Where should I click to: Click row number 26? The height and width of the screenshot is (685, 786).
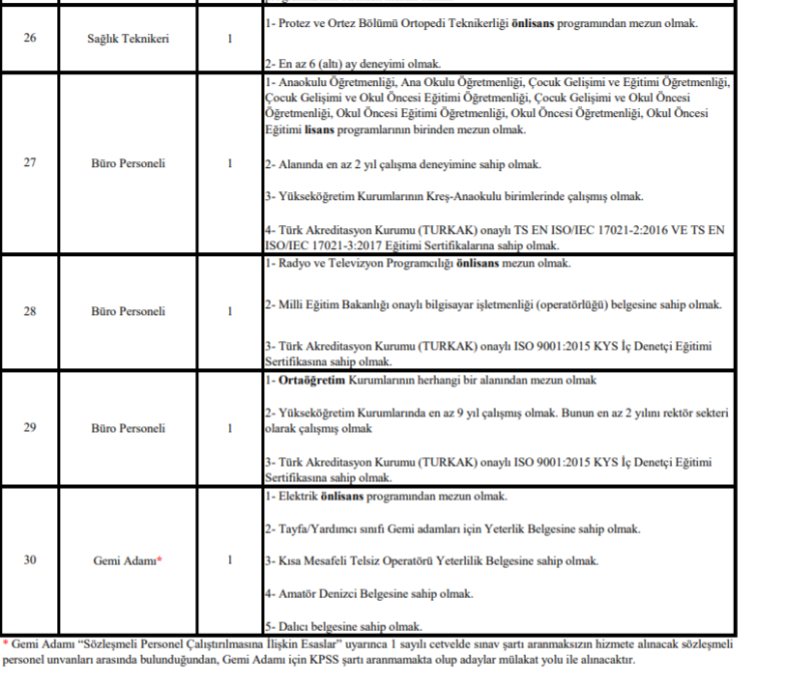coord(29,39)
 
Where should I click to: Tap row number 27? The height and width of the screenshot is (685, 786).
coord(29,163)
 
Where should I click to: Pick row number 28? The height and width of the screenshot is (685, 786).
coord(29,311)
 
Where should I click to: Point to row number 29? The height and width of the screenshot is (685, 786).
coord(29,428)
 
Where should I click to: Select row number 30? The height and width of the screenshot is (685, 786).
coord(29,559)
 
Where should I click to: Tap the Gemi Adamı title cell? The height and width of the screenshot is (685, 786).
coord(123,560)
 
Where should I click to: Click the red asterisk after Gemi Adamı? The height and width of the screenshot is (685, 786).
coord(160,558)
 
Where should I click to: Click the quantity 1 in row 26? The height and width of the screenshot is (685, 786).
coord(230,39)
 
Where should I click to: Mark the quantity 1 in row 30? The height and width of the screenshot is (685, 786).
coord(230,559)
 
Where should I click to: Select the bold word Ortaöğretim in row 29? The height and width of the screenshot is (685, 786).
coord(310,380)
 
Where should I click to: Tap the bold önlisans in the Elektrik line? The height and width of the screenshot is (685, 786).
coord(341,497)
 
